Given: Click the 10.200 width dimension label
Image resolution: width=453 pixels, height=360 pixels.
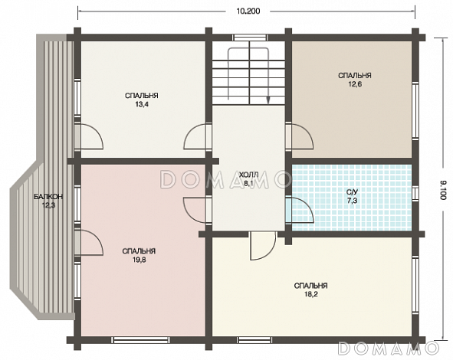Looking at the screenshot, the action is (248, 11).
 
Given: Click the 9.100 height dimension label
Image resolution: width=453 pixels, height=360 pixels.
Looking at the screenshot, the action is (443, 190).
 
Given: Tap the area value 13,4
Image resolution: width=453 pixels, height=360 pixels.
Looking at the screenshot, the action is (142, 104).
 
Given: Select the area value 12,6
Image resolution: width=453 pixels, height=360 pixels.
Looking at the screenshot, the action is (355, 84).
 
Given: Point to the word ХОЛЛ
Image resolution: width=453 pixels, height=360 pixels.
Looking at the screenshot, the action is (248, 175).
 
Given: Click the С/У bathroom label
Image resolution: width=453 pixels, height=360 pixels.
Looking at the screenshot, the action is (353, 191).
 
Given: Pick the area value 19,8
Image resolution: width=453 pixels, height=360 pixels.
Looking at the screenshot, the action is (139, 260).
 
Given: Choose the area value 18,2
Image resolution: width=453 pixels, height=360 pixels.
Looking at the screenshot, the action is (311, 294).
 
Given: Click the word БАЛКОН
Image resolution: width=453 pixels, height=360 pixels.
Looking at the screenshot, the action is (48, 197).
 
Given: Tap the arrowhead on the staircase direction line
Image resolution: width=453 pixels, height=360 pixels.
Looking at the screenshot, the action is (268, 100).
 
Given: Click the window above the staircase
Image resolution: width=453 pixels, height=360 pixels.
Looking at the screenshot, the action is (250, 38).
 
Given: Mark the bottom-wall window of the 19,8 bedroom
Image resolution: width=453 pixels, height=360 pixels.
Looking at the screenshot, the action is (141, 340).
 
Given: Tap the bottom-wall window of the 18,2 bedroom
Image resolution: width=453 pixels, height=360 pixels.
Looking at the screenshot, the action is (254, 340).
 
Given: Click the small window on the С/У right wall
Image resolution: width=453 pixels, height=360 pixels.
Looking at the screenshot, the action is (415, 194).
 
